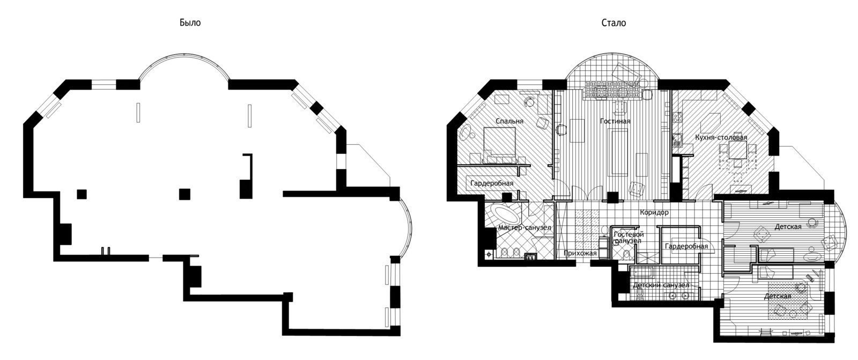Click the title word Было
190,23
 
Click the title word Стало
613,23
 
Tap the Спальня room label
509,121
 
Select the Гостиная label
615,121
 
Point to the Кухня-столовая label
721,137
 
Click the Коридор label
654,212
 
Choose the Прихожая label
580,253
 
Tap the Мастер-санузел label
524,227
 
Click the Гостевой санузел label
628,237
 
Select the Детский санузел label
661,285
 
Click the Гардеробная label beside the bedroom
492,183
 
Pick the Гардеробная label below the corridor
686,246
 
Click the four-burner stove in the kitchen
677,116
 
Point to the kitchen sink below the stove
677,139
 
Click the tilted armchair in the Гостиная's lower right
637,188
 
